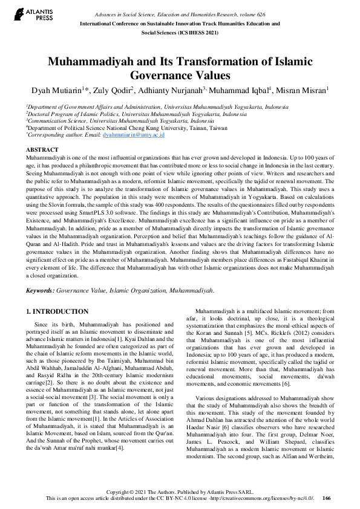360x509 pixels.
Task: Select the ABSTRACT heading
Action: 42,149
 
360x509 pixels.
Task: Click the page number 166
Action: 327,498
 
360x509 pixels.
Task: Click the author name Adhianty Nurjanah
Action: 170,90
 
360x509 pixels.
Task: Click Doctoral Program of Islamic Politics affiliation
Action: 73,114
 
